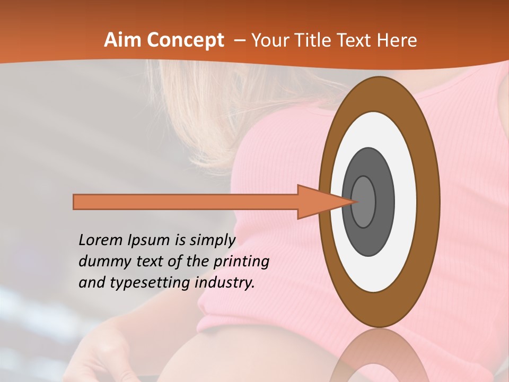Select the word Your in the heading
tap(269, 40)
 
